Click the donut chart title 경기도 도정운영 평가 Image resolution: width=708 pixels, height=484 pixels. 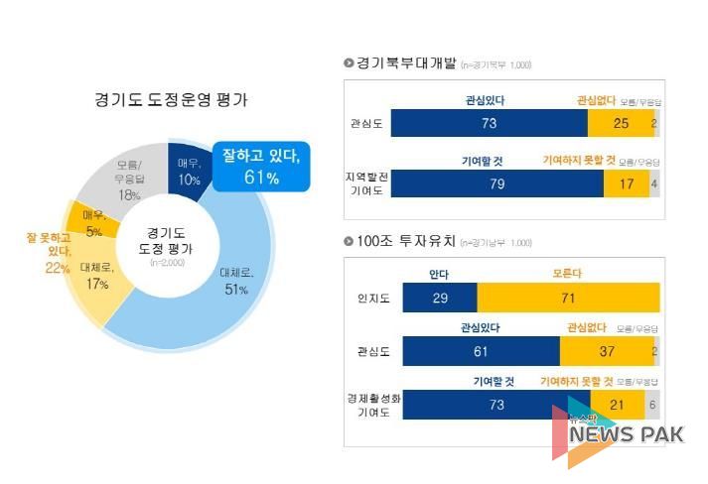(x=171, y=100)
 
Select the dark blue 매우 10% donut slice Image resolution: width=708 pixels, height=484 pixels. (x=190, y=172)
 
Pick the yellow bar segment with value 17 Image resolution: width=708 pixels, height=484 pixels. (x=627, y=183)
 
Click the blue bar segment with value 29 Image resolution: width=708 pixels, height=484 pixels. (x=439, y=298)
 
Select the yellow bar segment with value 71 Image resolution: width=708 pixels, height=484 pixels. (x=568, y=298)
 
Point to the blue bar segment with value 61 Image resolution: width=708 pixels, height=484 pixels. (x=481, y=351)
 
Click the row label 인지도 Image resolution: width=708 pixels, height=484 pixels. (x=372, y=298)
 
